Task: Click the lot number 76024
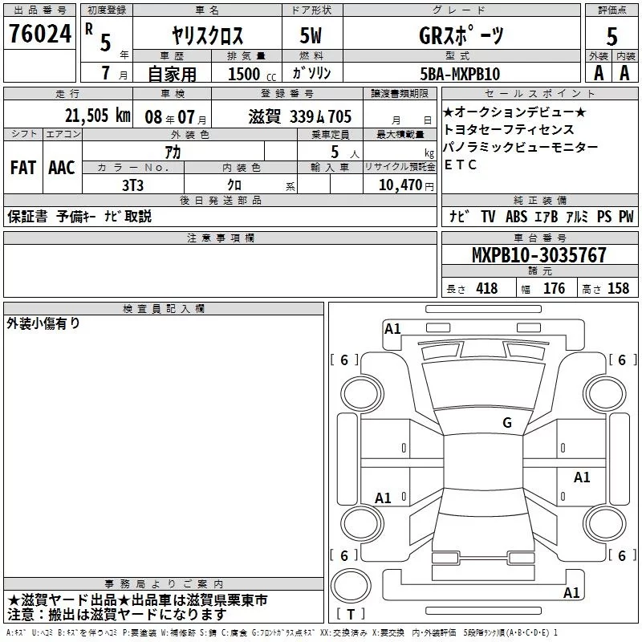[40, 34]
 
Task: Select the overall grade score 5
[612, 36]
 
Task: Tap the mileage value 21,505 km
[98, 116]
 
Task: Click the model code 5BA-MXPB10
[460, 74]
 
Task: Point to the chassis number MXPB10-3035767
[539, 255]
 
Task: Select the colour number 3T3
[132, 185]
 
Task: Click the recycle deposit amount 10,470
[400, 185]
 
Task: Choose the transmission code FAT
[23, 168]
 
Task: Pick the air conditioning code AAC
[62, 168]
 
